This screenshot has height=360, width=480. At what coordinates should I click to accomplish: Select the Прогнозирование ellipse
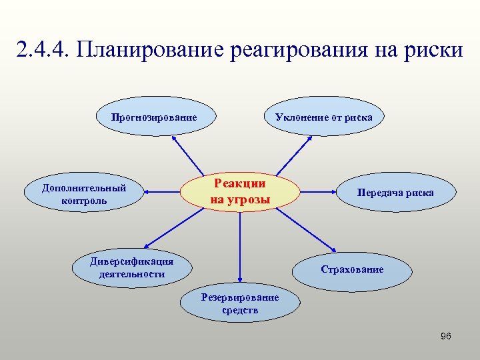point(154,117)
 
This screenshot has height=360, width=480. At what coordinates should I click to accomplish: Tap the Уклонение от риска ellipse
point(324,117)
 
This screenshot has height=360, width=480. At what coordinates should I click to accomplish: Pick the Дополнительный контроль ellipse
point(84,193)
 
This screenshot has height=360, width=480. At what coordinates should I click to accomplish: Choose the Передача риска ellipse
point(395,193)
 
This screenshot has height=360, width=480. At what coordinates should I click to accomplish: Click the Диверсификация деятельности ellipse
point(132,268)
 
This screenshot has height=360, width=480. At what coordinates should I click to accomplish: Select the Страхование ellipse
point(352,270)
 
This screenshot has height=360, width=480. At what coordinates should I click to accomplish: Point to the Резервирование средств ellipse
point(240,304)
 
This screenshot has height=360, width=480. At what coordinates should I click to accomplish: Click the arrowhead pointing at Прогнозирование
point(174,139)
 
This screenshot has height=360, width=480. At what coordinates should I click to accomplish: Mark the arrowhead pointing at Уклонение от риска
point(311,139)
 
